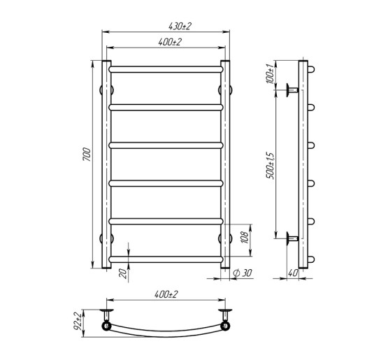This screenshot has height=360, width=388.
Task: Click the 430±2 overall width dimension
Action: click(166, 26)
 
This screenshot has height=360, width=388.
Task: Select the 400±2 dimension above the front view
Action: click(166, 43)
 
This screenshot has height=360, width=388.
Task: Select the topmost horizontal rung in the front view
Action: click(166, 70)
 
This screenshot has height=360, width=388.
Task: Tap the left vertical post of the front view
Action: click(108, 165)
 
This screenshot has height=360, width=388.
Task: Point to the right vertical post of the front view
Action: click(225, 165)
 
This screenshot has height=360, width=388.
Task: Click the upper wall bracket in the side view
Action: click(292, 89)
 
